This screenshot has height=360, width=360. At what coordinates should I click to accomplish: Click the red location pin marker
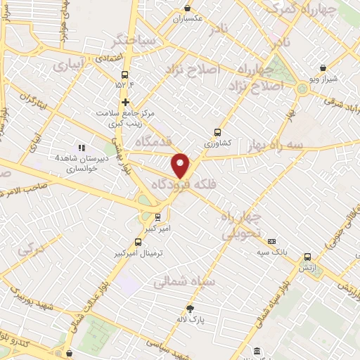point(181,165)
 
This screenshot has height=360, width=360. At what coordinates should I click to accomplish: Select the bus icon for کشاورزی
point(217,131)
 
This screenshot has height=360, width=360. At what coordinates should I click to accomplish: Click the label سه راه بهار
point(276,145)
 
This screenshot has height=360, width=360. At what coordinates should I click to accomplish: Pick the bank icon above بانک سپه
point(273,240)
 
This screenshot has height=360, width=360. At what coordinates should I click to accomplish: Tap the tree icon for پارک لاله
point(190,309)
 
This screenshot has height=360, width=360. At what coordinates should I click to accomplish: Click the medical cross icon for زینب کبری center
point(125,102)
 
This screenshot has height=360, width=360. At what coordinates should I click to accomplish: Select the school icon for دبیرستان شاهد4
point(82,148)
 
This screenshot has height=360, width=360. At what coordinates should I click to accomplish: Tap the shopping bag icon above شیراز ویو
point(322,68)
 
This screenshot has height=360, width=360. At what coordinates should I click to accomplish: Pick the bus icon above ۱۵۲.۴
point(125,75)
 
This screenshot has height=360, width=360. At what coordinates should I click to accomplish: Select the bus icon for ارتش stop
point(307,257)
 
